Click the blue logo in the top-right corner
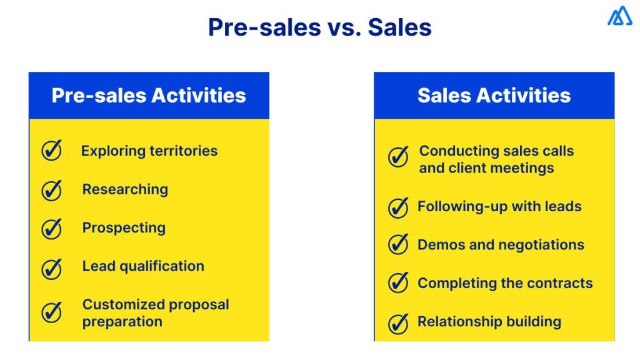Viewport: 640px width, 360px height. [x=619, y=16]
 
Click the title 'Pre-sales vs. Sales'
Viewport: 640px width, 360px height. [x=319, y=27]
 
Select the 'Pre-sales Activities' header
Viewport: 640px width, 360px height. [x=149, y=96]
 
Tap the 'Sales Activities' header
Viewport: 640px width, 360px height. [x=494, y=96]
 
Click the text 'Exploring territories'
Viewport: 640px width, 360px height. [x=149, y=151]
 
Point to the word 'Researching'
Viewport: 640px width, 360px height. [x=125, y=189]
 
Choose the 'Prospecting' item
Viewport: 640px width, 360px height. [x=124, y=227]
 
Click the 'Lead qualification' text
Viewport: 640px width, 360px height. [x=143, y=266]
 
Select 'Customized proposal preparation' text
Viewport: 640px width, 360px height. [x=156, y=313]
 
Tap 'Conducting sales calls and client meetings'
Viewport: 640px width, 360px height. [x=496, y=159]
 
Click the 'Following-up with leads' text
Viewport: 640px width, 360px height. [x=499, y=206]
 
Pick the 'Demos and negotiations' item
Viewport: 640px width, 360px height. [x=501, y=245]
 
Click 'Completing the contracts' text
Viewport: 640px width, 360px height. [x=505, y=283]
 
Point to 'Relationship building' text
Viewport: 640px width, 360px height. [x=489, y=322]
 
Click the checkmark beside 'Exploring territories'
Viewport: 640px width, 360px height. [x=52, y=151]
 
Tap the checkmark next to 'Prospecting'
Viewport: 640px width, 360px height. [x=52, y=228]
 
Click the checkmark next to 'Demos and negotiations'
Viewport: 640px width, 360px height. [x=398, y=244]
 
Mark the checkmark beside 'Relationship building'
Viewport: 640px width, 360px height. [x=398, y=323]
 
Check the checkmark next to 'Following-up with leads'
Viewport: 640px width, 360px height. [x=398, y=207]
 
